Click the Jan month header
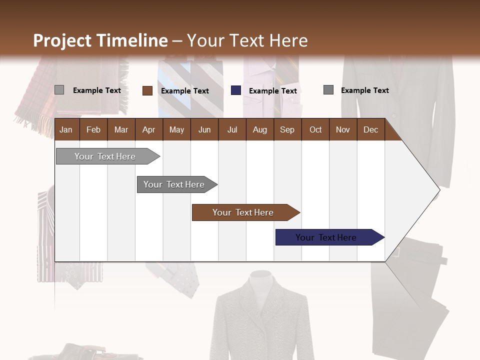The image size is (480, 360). click(x=66, y=130)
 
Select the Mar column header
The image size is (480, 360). click(x=121, y=130)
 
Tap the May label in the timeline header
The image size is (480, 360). click(x=176, y=130)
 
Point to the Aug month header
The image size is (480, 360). click(x=259, y=130)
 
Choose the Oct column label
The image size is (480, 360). click(x=315, y=130)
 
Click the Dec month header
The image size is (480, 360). click(x=370, y=130)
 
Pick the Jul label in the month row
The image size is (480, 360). click(x=232, y=130)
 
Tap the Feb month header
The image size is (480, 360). click(x=93, y=130)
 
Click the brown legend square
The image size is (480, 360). click(x=147, y=90)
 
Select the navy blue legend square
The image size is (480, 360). click(x=236, y=90)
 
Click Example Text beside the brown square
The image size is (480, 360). click(x=185, y=91)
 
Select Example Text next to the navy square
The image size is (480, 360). click(x=273, y=91)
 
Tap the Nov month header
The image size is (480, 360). click(x=343, y=130)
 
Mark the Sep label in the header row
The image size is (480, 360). click(x=287, y=130)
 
